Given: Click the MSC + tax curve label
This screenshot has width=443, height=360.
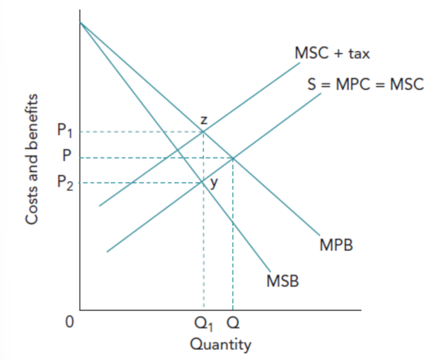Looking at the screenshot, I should pos(332,54).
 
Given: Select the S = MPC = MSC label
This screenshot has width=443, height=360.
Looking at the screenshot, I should pos(365,85).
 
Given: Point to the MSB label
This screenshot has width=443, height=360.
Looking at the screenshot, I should pos(282,282).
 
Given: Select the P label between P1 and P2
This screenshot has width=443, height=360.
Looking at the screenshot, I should pos(66,157).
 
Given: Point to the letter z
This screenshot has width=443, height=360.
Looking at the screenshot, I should pos(204,119).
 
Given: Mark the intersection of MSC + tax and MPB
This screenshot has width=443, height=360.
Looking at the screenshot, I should pos(203,131).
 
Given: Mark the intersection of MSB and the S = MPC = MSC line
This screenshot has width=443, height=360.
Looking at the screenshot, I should pos(202,182).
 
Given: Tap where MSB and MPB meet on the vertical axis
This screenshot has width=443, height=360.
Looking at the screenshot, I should pos(80,22).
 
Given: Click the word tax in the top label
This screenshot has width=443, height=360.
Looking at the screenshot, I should pos(359,54).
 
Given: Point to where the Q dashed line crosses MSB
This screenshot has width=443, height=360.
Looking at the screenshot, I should pos(233,223).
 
